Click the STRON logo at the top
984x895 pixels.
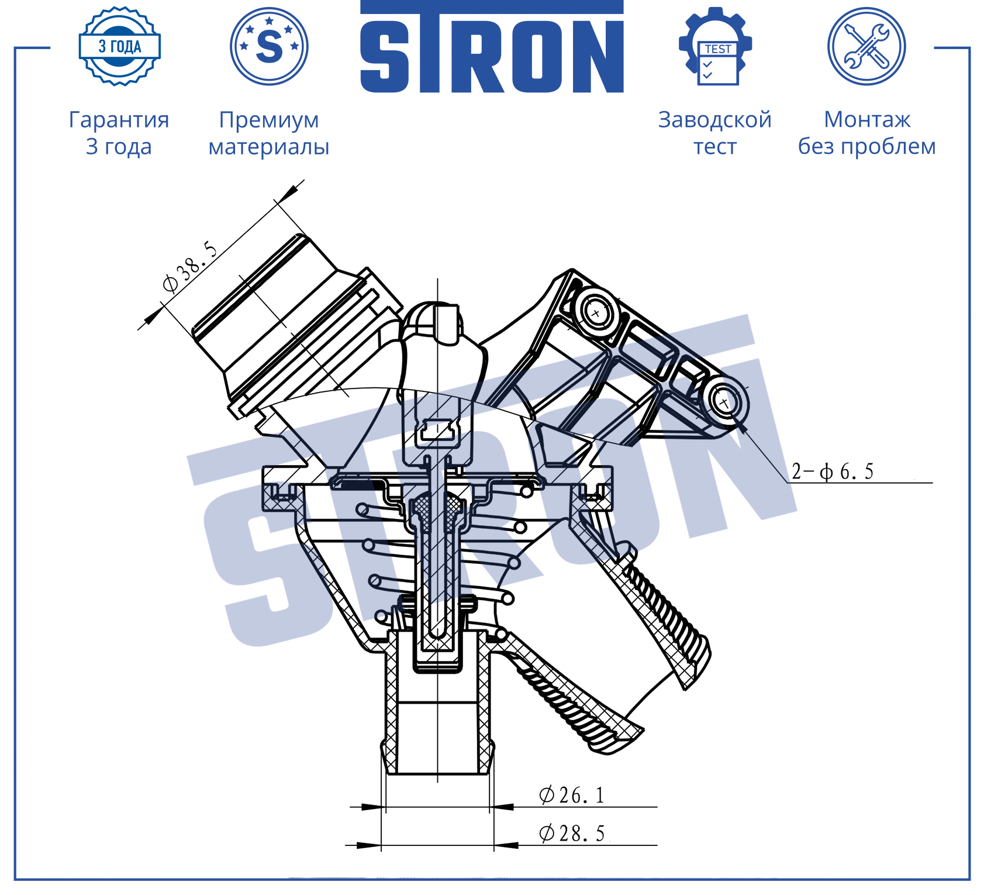(492, 47)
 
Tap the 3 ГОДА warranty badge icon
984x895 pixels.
(119, 46)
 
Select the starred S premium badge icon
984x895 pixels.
(269, 46)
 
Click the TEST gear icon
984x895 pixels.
(715, 46)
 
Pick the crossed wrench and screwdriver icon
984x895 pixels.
(866, 46)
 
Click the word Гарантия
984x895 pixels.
(119, 120)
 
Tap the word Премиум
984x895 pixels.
(269, 120)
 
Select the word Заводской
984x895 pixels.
(715, 120)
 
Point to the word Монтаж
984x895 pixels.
(867, 119)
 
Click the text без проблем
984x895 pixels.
(867, 146)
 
